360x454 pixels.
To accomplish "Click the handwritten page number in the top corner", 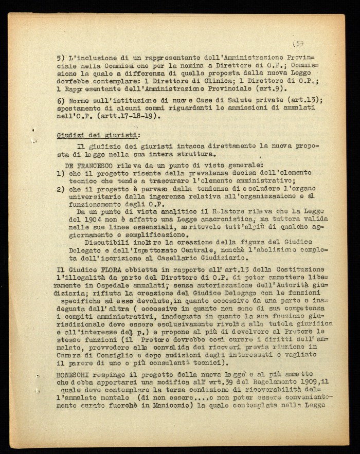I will (x=298, y=44).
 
